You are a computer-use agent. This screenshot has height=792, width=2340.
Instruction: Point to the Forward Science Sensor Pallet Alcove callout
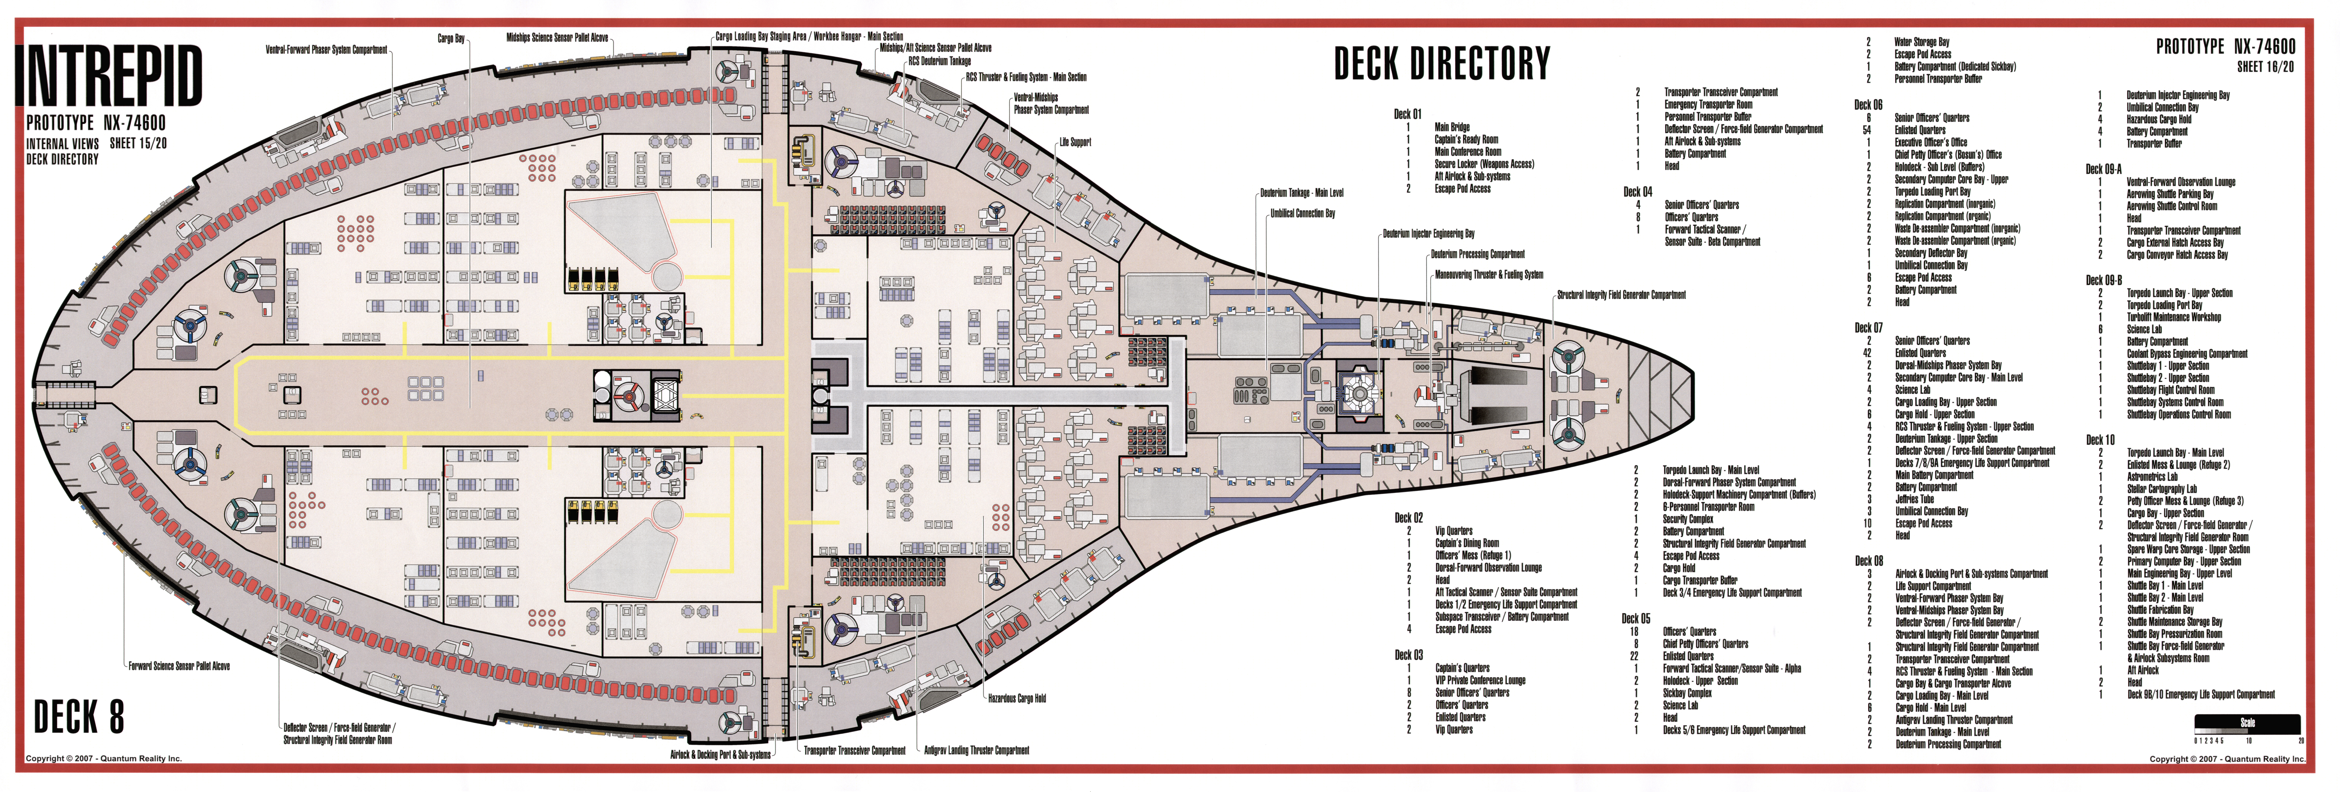[x=179, y=666]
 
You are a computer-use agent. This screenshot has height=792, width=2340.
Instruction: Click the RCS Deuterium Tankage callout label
[x=939, y=61]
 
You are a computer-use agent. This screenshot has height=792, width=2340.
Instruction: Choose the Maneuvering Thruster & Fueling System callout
[x=1488, y=274]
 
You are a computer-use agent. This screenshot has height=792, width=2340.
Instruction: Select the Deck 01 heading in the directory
[x=1407, y=114]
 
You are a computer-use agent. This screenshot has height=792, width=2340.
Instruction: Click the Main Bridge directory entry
[x=1452, y=127]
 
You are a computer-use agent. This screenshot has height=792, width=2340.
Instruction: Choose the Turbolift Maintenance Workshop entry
[x=2173, y=317]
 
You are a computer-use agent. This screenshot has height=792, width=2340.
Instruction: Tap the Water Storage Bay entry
[x=1921, y=42]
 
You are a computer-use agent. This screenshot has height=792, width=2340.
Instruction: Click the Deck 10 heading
[x=2099, y=440]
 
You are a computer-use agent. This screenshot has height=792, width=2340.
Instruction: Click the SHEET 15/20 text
[x=138, y=144]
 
